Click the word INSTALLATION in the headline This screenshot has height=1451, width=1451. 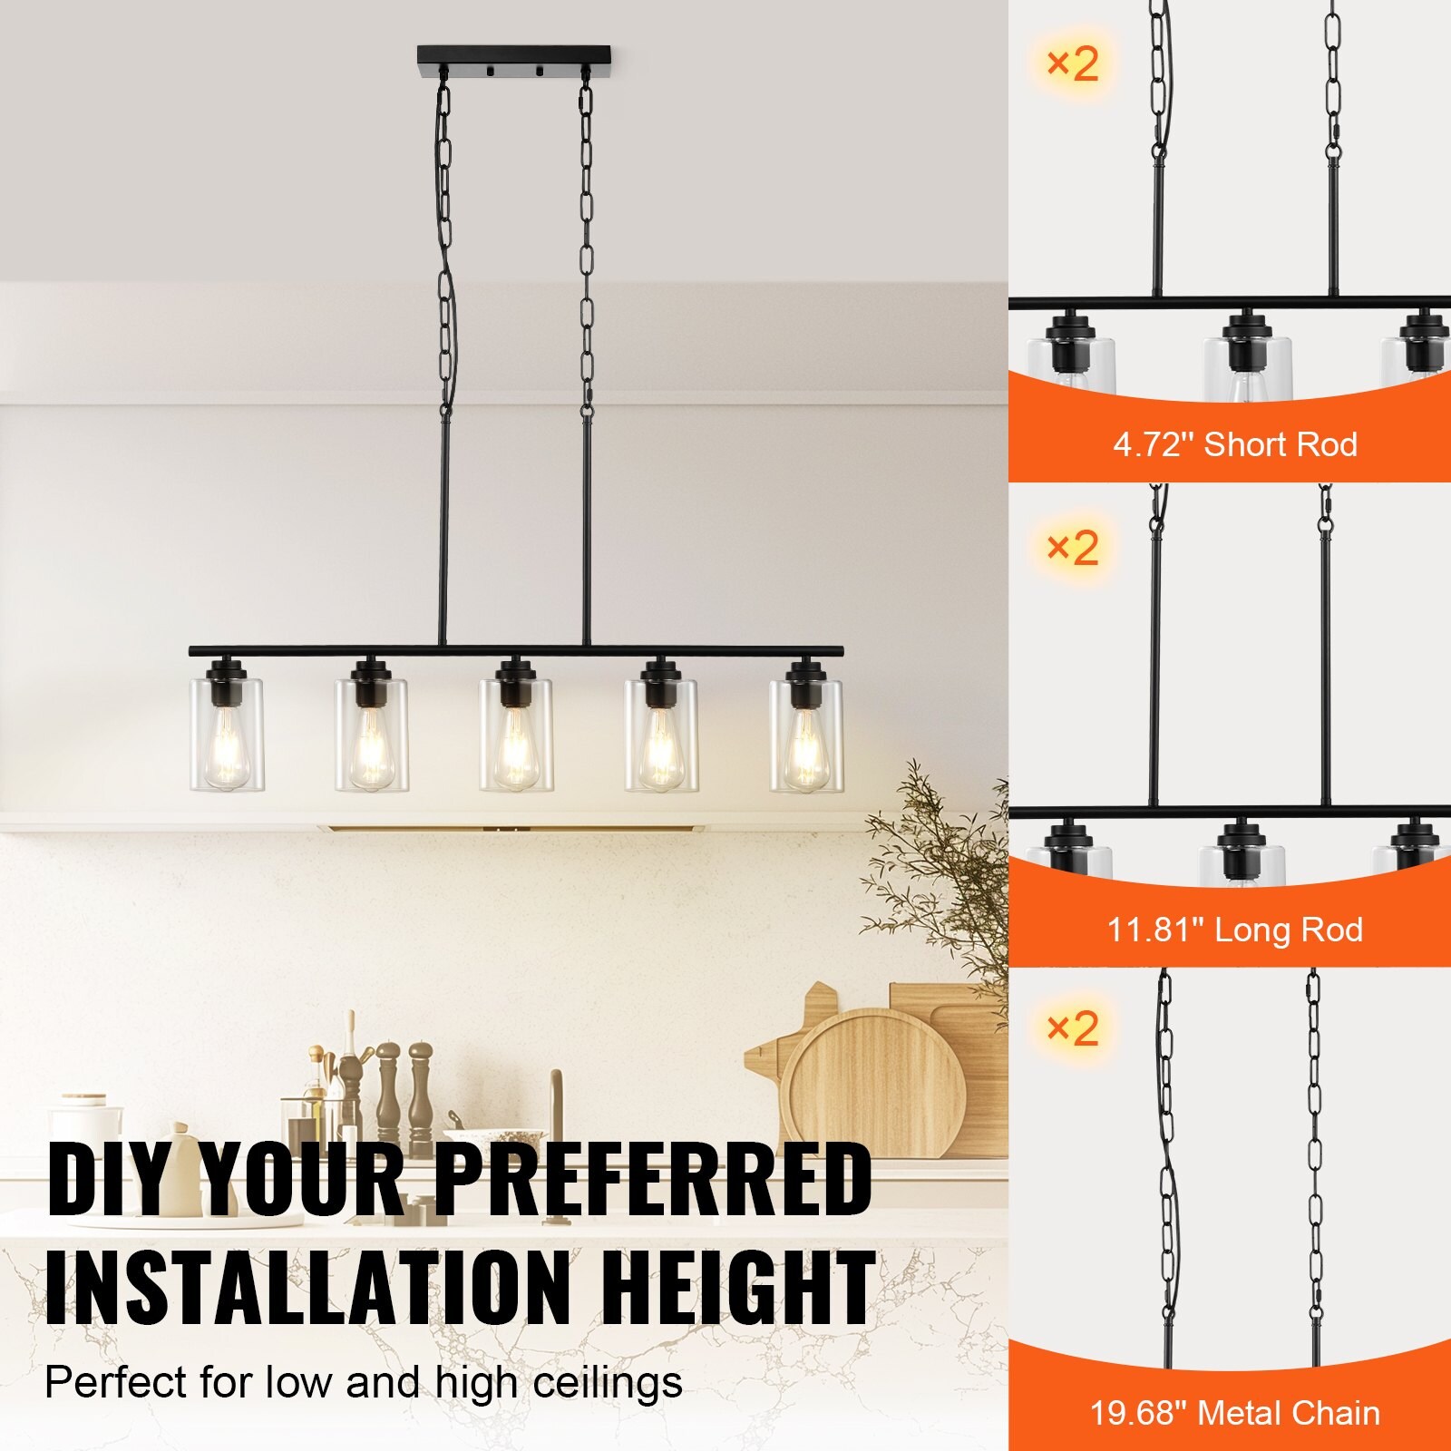pyautogui.click(x=308, y=1286)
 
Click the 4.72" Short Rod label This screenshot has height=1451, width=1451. pyautogui.click(x=1235, y=444)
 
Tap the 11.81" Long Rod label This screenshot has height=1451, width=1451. pyautogui.click(x=1235, y=930)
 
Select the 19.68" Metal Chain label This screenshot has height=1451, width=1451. pyautogui.click(x=1235, y=1413)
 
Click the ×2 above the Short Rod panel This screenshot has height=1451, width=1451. pyautogui.click(x=1073, y=63)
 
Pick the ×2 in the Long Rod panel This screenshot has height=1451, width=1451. pyautogui.click(x=1073, y=548)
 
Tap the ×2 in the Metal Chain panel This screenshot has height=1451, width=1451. pyautogui.click(x=1073, y=1028)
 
